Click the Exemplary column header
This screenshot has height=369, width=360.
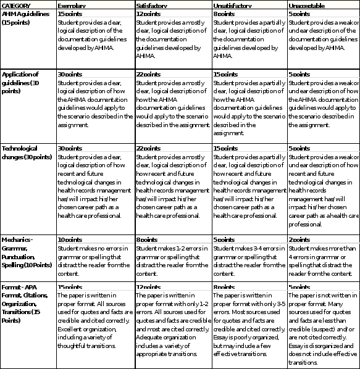[x=71, y=4]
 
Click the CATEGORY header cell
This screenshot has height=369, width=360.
[x=18, y=4]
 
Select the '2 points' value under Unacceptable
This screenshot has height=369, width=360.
[x=299, y=239]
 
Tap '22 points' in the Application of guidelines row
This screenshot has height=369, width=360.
[x=148, y=74]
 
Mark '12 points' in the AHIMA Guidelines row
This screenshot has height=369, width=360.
[x=148, y=13]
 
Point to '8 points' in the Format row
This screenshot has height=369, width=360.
[x=224, y=288]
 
